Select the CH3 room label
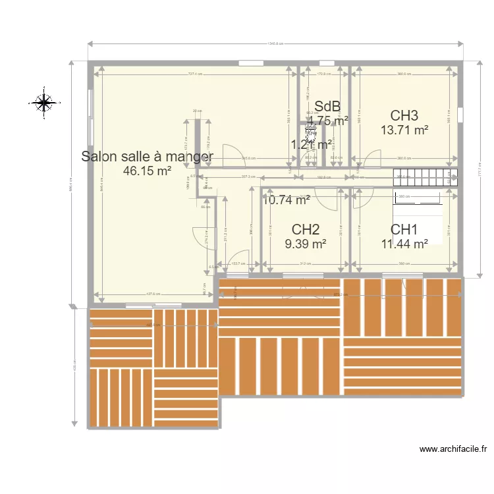[x=404, y=116]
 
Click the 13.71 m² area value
[x=404, y=130]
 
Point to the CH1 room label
[x=404, y=229]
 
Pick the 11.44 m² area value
[x=404, y=244]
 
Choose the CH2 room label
[x=306, y=229]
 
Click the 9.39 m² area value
[x=306, y=244]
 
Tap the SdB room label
[x=327, y=106]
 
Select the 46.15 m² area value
[x=147, y=171]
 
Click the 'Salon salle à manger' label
[x=147, y=156]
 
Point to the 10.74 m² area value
[x=286, y=200]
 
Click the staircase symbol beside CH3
[x=425, y=177]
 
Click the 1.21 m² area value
[x=311, y=145]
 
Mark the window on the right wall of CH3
[x=460, y=117]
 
